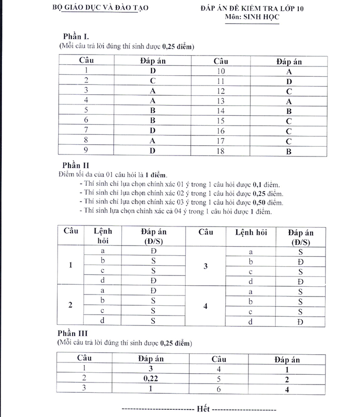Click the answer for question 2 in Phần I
tap(153, 81)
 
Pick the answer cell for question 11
tap(289, 81)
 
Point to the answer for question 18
tap(289, 151)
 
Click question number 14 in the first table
tap(221, 111)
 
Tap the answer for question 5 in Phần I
tap(153, 111)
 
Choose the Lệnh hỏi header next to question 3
tap(250, 232)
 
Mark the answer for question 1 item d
tap(153, 280)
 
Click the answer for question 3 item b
tap(300, 262)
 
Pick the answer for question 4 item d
tap(300, 322)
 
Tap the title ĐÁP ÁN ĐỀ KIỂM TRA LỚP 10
tap(252, 9)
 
